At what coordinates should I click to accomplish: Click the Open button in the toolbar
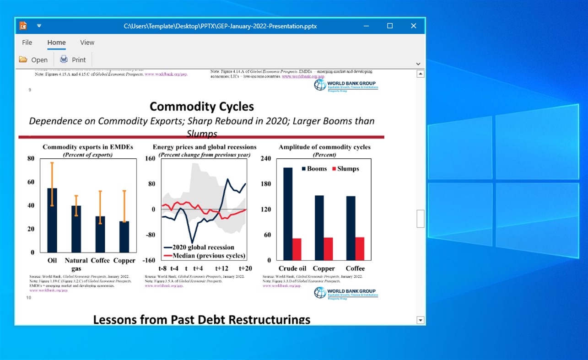click(33, 59)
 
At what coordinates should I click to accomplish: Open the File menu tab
click(27, 43)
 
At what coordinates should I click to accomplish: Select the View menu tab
click(87, 43)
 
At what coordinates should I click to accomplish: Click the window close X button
click(414, 26)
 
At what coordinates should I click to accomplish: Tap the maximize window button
click(390, 26)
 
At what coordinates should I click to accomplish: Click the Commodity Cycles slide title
click(201, 107)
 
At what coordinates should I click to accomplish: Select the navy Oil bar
click(52, 220)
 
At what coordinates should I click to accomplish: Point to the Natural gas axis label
click(76, 264)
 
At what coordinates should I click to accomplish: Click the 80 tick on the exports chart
click(31, 159)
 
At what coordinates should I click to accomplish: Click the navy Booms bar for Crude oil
click(288, 214)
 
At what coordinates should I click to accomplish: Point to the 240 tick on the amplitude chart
click(266, 159)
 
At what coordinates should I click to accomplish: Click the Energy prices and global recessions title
click(205, 147)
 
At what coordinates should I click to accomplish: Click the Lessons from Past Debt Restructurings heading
click(201, 319)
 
